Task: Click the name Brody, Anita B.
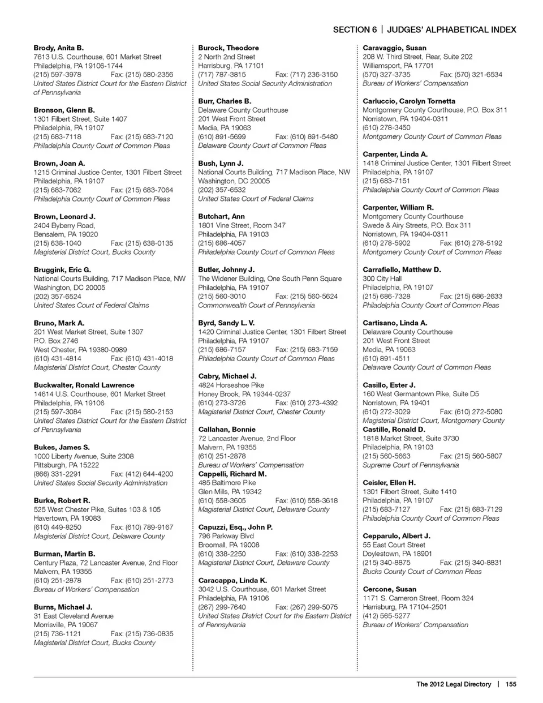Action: tap(58, 48)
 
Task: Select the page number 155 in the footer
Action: tap(511, 684)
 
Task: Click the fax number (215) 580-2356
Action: tap(142, 75)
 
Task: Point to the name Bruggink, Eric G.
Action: tap(62, 270)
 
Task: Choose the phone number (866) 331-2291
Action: tap(57, 474)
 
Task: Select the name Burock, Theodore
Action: tap(229, 48)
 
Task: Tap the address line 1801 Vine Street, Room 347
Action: tap(242, 225)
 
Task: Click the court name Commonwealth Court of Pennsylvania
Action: tap(256, 306)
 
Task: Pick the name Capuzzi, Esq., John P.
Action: tap(235, 528)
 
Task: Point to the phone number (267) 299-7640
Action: tap(222, 607)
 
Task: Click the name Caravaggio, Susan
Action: tap(394, 48)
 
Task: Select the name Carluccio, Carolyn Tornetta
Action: tap(409, 101)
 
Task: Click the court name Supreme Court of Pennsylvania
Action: tap(411, 465)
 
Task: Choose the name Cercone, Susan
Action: tap(389, 589)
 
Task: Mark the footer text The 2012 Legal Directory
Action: tap(454, 684)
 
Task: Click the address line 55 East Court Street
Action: tap(394, 545)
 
